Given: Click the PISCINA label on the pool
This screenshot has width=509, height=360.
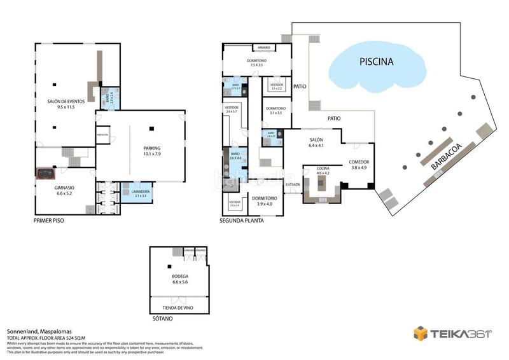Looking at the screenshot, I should (376, 62).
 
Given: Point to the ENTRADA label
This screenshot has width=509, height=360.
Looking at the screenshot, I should (293, 184).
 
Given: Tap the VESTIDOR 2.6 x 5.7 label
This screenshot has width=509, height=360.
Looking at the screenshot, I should (231, 109).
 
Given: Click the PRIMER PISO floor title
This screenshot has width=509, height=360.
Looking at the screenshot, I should (49, 221).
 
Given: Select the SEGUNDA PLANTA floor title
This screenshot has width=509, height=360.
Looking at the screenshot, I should (241, 221).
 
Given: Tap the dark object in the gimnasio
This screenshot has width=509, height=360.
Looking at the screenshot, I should (45, 173).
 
